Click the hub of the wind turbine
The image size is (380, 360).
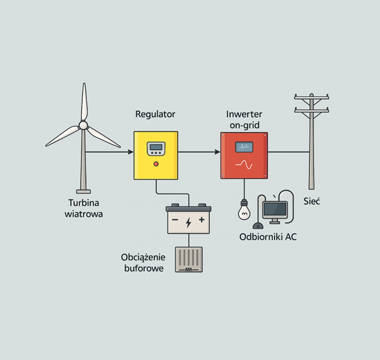point(83,125)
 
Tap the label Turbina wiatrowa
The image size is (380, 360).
point(84,208)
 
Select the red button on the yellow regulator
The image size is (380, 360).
point(155,164)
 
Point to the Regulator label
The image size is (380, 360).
point(155,114)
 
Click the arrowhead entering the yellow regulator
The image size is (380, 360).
point(131,152)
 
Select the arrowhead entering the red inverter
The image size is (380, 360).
point(218,152)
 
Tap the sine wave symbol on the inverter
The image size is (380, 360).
point(244,165)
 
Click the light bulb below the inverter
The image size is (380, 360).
point(244,211)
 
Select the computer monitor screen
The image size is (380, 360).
point(275,209)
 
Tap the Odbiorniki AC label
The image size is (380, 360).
point(268,237)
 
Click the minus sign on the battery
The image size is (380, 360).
point(175,220)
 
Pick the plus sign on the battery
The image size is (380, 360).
point(202,219)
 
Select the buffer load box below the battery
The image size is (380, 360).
point(188,259)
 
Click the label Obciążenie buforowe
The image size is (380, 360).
point(143,262)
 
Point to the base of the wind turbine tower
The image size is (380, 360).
point(83,191)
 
